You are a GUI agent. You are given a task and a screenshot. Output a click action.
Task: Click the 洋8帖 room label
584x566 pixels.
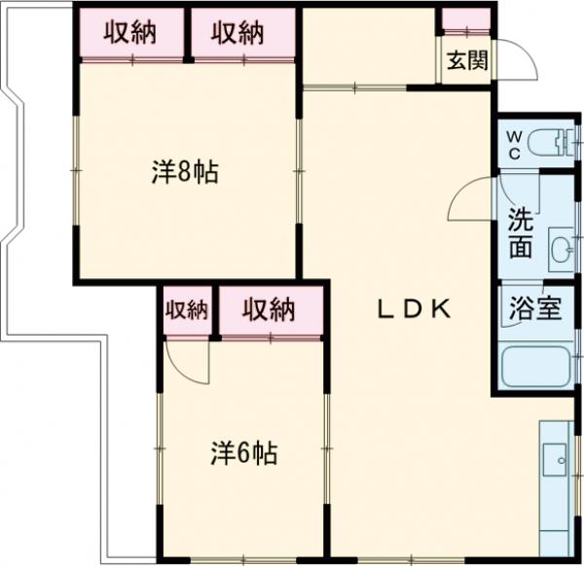(x=184, y=174)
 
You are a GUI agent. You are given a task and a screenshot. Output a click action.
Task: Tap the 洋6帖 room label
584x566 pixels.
(x=244, y=452)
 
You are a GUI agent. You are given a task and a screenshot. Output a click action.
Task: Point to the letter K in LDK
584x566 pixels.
(x=439, y=309)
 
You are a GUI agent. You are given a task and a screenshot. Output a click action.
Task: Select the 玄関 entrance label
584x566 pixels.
(x=467, y=60)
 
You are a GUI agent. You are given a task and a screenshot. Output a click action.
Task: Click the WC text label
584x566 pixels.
(x=513, y=145)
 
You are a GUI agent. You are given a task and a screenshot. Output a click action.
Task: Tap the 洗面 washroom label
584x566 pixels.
(x=521, y=233)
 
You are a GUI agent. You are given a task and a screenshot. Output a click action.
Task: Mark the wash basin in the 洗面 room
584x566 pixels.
(x=562, y=251)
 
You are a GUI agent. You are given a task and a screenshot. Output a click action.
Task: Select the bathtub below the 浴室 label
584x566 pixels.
(x=534, y=367)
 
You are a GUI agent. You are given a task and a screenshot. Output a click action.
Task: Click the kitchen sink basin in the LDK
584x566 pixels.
(x=558, y=457)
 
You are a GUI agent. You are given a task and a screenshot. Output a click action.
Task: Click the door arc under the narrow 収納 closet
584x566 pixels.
(x=188, y=361)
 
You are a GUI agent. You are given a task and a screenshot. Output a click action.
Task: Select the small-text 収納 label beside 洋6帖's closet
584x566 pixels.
(x=186, y=310)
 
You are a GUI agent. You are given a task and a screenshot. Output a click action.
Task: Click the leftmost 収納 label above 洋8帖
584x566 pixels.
(x=130, y=33)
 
